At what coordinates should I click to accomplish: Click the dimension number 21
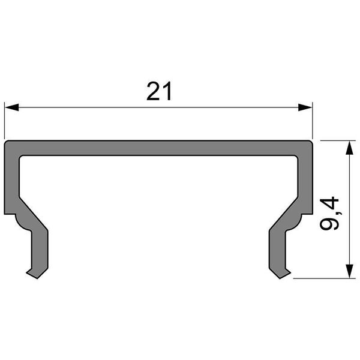[159, 92]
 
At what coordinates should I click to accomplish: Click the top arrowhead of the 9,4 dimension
[348, 148]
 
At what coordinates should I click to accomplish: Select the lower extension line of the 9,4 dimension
[324, 278]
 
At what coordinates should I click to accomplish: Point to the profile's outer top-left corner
[6, 142]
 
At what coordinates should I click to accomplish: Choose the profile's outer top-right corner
[312, 142]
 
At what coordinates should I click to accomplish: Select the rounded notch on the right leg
[290, 227]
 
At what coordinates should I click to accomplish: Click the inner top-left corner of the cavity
[20, 157]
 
